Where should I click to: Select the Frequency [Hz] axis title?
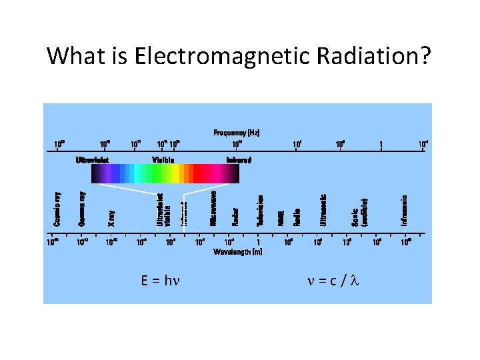(x=237, y=133)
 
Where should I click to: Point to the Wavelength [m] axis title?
(x=237, y=252)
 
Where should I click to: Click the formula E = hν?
(x=162, y=281)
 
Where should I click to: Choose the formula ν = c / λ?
(x=332, y=281)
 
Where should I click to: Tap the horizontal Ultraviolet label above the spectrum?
(x=92, y=160)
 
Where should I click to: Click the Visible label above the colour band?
(x=163, y=160)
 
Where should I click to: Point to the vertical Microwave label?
(x=214, y=207)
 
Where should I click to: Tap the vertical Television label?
(x=260, y=209)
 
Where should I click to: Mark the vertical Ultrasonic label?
(x=323, y=209)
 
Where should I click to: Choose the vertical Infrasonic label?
(x=404, y=209)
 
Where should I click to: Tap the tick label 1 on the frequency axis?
(x=381, y=145)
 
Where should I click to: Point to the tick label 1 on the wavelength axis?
(x=257, y=243)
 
